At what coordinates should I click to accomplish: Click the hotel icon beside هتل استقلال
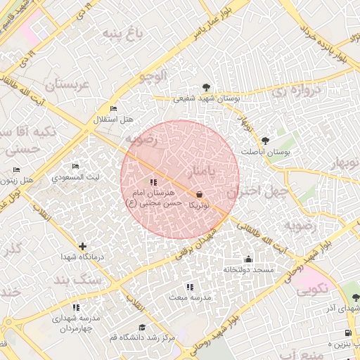point(114,108)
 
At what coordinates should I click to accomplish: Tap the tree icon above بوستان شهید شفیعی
point(205,88)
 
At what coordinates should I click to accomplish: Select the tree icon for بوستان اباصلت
point(265,141)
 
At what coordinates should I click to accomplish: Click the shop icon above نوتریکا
point(199,194)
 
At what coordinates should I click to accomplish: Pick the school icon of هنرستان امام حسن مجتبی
point(154,183)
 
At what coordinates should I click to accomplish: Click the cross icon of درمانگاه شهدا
point(84,246)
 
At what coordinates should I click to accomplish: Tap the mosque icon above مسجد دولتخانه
point(247,258)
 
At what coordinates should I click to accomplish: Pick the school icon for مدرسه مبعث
point(189,287)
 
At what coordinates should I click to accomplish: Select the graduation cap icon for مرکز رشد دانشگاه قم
point(143,327)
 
